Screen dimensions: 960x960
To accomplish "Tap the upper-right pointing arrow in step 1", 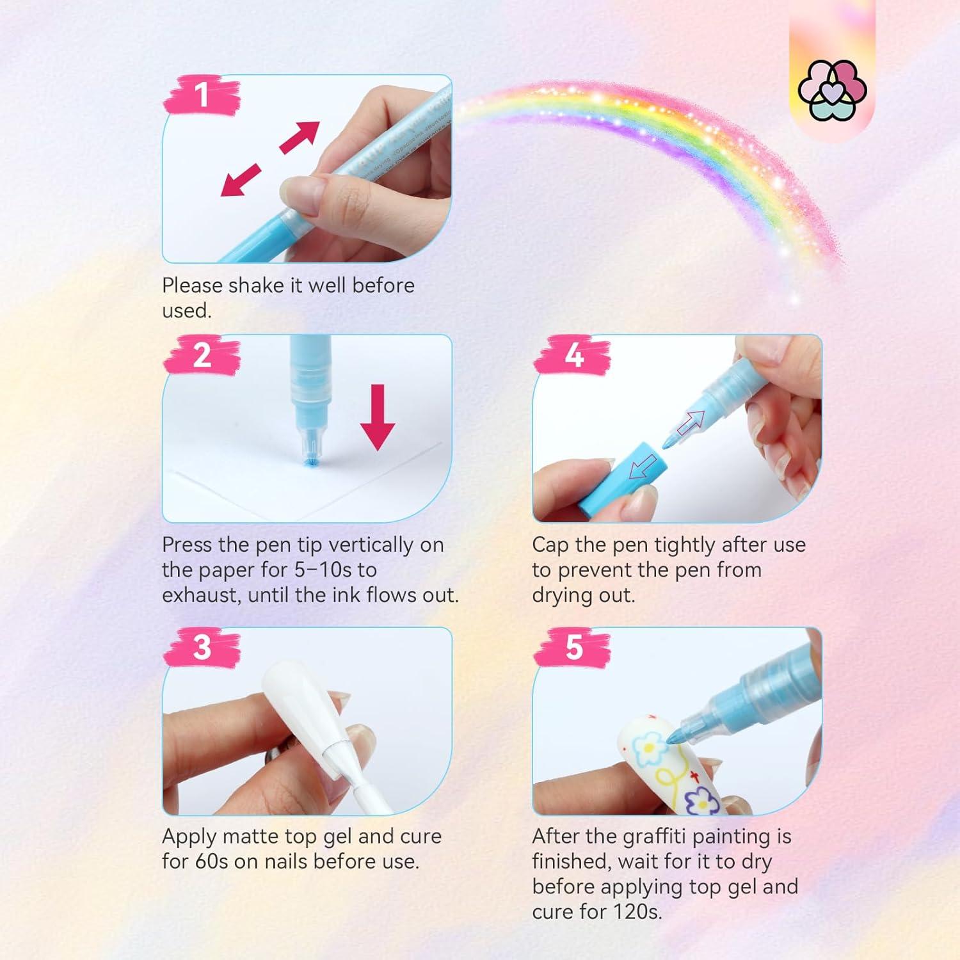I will (299, 138).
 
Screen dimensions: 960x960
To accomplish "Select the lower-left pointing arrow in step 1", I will (241, 180).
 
